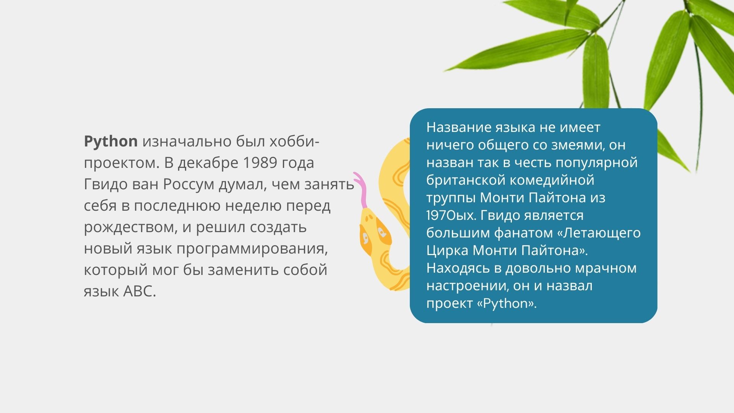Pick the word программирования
pyautogui.click(x=252, y=249)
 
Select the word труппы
pyautogui.click(x=451, y=198)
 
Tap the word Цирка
pyautogui.click(x=447, y=250)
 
